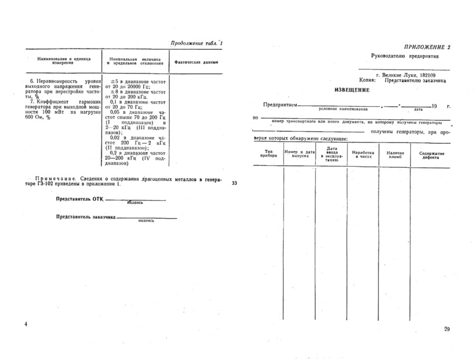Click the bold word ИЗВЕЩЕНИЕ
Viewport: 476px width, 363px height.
(352, 90)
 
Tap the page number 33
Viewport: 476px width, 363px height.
(234, 184)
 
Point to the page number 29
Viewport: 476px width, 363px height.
(446, 330)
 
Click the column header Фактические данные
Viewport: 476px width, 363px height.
(196, 62)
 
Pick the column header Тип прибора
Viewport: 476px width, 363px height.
(268, 153)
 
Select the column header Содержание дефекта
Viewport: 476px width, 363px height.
(432, 156)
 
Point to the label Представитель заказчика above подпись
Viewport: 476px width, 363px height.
(86, 217)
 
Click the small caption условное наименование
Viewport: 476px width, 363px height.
(343, 108)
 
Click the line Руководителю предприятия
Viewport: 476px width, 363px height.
(405, 56)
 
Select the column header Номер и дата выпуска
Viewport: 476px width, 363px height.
(299, 154)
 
